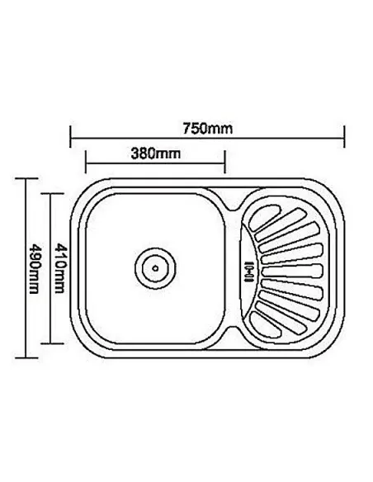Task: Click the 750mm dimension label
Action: (x=208, y=129)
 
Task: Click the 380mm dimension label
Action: (x=155, y=153)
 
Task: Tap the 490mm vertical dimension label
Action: (x=34, y=269)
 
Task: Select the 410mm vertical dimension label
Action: (x=59, y=268)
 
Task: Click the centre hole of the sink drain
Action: (x=155, y=268)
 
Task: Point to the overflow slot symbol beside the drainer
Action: (x=249, y=271)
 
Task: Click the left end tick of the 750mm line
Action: (x=71, y=137)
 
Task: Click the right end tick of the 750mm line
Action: (x=344, y=137)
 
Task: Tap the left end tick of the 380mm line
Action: (x=86, y=162)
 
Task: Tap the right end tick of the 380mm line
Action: (x=225, y=162)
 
